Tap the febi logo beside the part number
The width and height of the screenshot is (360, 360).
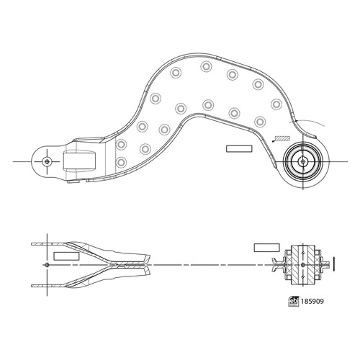[294, 302]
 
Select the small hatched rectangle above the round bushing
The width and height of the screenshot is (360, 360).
[282, 138]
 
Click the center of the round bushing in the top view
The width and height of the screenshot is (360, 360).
[303, 161]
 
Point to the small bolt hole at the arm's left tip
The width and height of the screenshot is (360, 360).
[47, 161]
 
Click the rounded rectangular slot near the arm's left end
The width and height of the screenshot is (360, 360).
[79, 161]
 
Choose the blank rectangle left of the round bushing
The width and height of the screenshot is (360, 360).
[239, 149]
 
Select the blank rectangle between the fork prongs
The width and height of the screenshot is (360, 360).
[66, 256]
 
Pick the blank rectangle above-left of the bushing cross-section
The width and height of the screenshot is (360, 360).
[266, 248]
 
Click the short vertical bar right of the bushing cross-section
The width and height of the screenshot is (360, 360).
[333, 264]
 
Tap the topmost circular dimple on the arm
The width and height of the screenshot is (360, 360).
[206, 66]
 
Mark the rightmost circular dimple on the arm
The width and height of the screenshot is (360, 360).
[276, 104]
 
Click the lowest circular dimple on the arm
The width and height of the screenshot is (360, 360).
[121, 162]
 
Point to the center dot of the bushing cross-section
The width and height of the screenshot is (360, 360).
[303, 265]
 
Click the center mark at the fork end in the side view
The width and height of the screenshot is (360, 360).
[47, 265]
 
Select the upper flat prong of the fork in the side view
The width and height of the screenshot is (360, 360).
[48, 244]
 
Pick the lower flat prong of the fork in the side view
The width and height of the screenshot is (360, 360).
[48, 286]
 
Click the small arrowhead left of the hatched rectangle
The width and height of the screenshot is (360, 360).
[274, 141]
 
